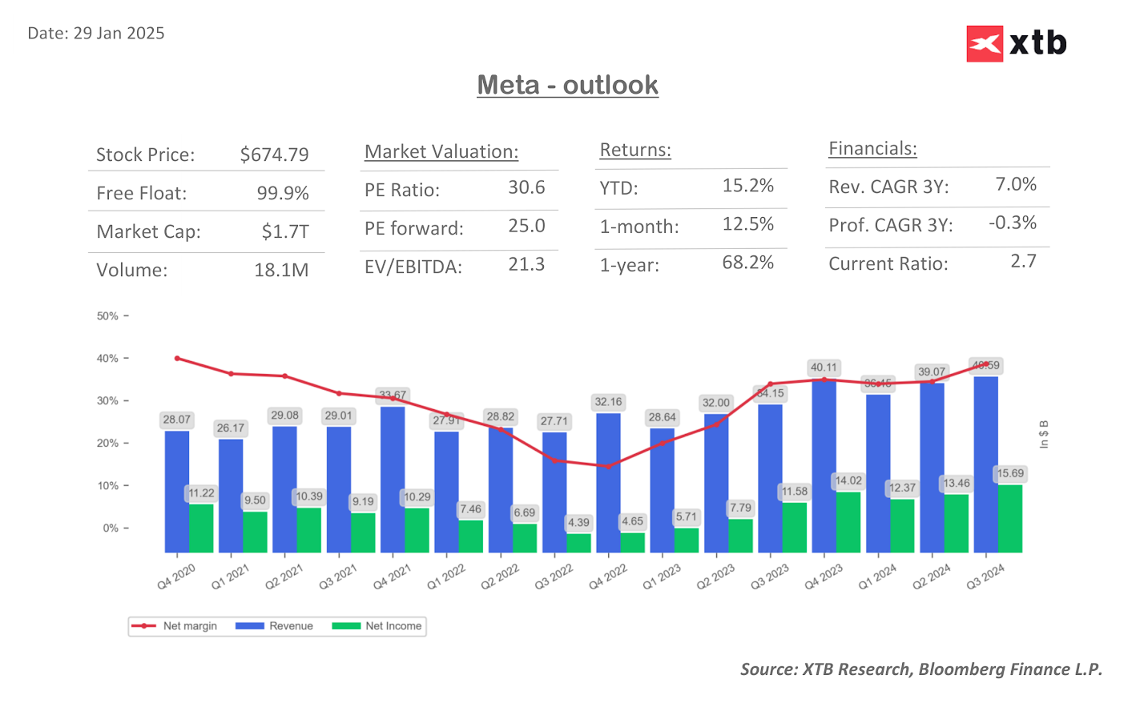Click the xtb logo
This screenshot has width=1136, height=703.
click(x=1016, y=43)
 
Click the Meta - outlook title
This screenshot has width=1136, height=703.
click(x=567, y=85)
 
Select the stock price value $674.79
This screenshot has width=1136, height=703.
click(x=274, y=155)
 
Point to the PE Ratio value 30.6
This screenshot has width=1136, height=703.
click(x=526, y=187)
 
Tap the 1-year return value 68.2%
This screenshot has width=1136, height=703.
click(x=747, y=263)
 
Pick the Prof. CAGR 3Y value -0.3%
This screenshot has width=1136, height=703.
click(x=1012, y=223)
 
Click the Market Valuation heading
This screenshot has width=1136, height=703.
click(x=441, y=151)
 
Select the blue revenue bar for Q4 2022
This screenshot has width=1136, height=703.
click(x=608, y=480)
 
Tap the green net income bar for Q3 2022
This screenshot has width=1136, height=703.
click(x=578, y=542)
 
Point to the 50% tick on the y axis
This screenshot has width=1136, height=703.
click(x=108, y=316)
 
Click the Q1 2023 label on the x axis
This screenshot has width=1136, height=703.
click(x=662, y=576)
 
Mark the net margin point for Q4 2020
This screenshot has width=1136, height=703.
click(x=177, y=359)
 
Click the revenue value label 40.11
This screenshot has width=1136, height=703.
click(x=824, y=368)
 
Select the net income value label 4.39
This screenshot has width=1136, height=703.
click(x=578, y=523)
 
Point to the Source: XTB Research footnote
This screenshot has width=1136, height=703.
click(x=920, y=669)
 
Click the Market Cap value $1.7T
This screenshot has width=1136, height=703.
click(x=285, y=232)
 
